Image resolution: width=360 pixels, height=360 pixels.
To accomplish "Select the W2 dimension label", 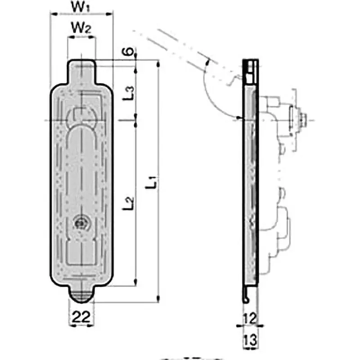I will tap(81, 28).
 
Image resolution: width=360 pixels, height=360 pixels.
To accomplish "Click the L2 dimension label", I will tap(129, 203).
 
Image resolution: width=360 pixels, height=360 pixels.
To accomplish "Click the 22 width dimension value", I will tap(81, 316).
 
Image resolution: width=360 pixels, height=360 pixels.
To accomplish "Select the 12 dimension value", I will tap(251, 319).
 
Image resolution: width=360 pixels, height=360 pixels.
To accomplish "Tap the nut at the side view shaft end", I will tap(304, 119).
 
